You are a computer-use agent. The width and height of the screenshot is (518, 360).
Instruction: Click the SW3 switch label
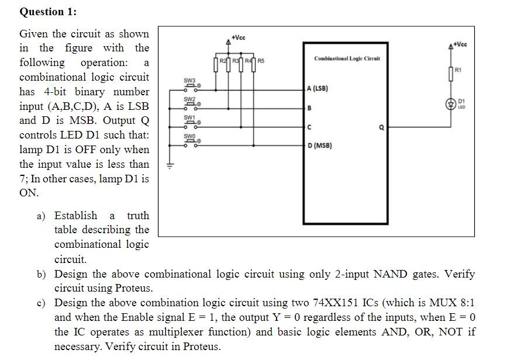tap(190, 80)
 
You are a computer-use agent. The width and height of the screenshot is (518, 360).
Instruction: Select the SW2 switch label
tap(190, 99)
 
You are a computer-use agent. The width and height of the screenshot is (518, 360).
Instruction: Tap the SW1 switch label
tap(190, 118)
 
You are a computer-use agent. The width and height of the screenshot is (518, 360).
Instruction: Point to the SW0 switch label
tap(190, 137)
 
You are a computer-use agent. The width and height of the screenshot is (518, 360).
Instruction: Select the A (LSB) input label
tap(317, 89)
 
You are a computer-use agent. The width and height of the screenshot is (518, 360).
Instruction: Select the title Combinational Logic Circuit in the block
tap(347, 58)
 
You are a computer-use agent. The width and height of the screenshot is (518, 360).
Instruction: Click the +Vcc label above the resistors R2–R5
tap(239, 37)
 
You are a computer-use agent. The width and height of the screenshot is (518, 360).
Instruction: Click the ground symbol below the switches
tap(171, 165)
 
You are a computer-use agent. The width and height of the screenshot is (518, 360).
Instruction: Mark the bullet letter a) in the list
tap(41, 216)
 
